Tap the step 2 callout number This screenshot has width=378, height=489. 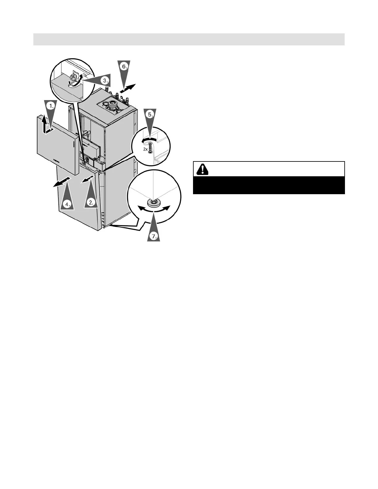[91, 202]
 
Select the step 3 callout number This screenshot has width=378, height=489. [106, 80]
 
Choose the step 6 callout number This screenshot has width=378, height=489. [124, 66]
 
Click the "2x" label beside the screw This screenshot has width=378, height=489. [145, 149]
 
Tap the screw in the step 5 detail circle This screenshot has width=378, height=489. [150, 147]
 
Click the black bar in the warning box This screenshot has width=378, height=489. [269, 185]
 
